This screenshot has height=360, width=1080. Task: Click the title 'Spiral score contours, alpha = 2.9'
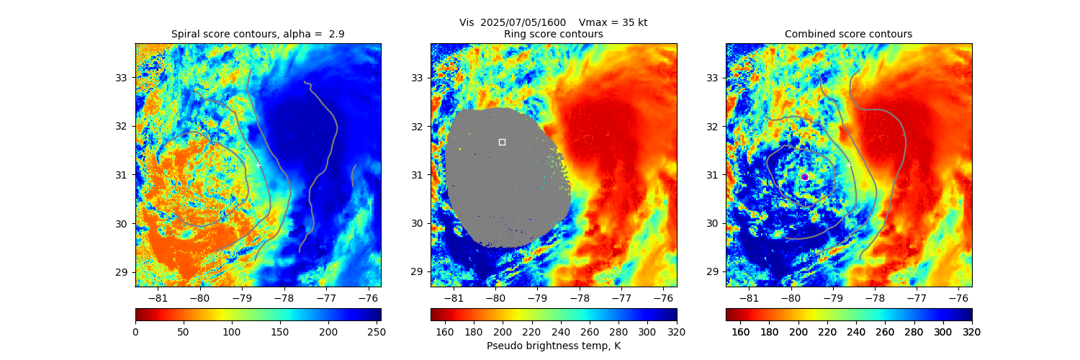pyautogui.click(x=258, y=34)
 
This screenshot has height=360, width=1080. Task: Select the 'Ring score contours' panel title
pyautogui.click(x=553, y=34)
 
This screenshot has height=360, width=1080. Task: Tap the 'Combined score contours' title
pyautogui.click(x=848, y=34)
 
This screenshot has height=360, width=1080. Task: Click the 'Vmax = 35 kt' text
pyautogui.click(x=613, y=22)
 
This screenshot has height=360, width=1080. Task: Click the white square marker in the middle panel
pyautogui.click(x=502, y=142)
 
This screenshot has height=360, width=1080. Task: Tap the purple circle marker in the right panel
pyautogui.click(x=804, y=176)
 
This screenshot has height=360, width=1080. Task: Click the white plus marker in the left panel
pyautogui.click(x=258, y=165)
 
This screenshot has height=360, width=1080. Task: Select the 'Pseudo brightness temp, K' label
pyautogui.click(x=553, y=346)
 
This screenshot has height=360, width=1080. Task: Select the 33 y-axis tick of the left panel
pyautogui.click(x=122, y=78)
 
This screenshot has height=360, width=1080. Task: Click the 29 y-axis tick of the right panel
pyautogui.click(x=713, y=272)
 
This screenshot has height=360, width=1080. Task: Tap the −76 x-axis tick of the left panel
pyautogui.click(x=368, y=298)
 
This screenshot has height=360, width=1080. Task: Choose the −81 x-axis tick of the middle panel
pyautogui.click(x=454, y=298)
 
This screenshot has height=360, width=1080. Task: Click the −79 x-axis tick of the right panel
pyautogui.click(x=833, y=298)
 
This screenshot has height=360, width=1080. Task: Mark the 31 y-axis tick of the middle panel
pyautogui.click(x=418, y=175)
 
